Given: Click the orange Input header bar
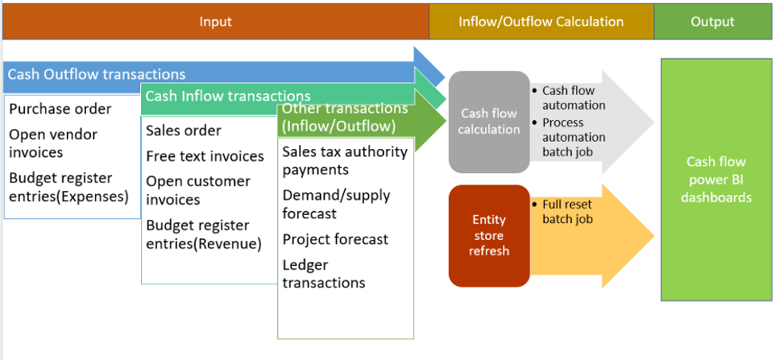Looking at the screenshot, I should (216, 22).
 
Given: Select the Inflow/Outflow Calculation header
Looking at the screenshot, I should (541, 22).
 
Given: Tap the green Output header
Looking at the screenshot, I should (713, 22).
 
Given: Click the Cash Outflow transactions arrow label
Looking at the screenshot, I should (96, 74).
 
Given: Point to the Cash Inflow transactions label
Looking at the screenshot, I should (228, 96).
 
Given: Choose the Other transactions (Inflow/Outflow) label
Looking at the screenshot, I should (344, 117).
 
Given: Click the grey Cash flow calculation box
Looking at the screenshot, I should (489, 122).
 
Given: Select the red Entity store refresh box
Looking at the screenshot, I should (488, 235).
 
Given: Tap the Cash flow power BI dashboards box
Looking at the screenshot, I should (716, 179).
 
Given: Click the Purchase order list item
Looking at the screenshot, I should (61, 109).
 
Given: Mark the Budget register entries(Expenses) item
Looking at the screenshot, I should (68, 187).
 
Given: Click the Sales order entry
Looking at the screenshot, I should (183, 131).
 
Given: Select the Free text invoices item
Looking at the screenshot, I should (205, 156).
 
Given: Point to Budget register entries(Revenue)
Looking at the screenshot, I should (203, 235).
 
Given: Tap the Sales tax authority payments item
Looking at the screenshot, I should (345, 160).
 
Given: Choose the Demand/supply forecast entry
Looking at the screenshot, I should (335, 204).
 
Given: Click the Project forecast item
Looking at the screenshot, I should (335, 239).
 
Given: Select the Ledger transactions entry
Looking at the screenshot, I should (323, 273).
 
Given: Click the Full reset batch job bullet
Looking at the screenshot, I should (567, 211).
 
